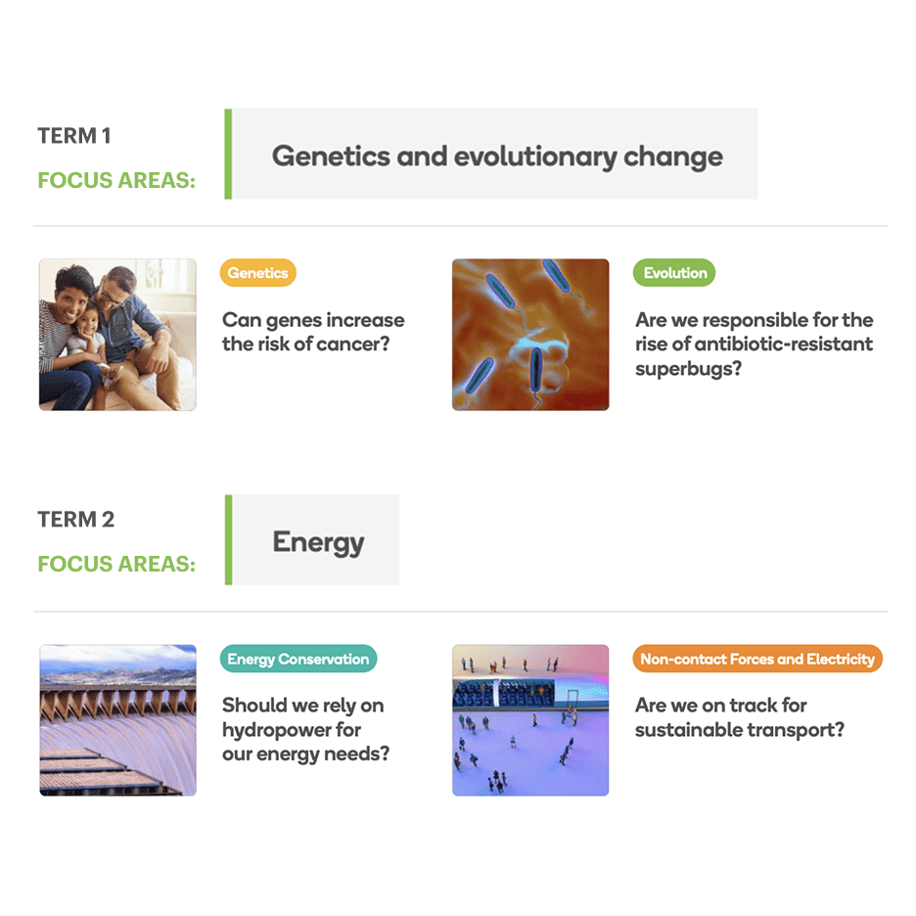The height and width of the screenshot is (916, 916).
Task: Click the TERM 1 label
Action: pyautogui.click(x=74, y=136)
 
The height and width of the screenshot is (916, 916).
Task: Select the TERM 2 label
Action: pyautogui.click(x=76, y=520)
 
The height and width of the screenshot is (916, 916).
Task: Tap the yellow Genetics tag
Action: pyautogui.click(x=257, y=273)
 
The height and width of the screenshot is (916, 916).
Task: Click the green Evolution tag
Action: pyautogui.click(x=674, y=273)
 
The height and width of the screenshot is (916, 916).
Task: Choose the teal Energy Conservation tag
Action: pyautogui.click(x=298, y=659)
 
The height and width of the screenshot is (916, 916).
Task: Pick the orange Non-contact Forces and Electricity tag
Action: pyautogui.click(x=757, y=659)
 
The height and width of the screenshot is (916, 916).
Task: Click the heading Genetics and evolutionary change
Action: pyautogui.click(x=497, y=156)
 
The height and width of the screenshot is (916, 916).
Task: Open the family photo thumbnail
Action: pyautogui.click(x=117, y=335)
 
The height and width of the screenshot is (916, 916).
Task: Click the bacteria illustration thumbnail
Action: pyautogui.click(x=530, y=335)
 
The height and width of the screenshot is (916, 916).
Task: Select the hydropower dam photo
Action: pyautogui.click(x=117, y=720)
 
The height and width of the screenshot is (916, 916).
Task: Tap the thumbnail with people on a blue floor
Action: pyautogui.click(x=530, y=720)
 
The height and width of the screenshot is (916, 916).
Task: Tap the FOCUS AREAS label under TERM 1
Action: pyautogui.click(x=115, y=181)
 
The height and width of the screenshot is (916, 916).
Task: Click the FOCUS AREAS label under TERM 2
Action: pyautogui.click(x=115, y=565)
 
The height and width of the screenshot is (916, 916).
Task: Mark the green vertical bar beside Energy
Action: pyautogui.click(x=229, y=539)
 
